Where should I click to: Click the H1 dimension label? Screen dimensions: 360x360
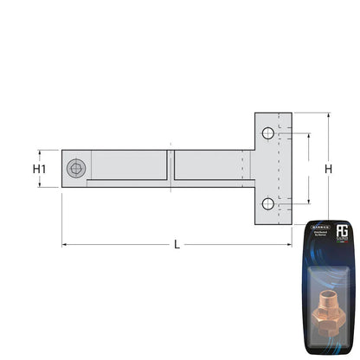point(39,170)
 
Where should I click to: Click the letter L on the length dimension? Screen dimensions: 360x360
point(177,245)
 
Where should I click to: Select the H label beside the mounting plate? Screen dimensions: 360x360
point(328,170)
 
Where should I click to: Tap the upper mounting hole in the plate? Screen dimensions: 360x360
point(268,133)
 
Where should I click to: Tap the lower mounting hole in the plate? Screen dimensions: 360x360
point(268,204)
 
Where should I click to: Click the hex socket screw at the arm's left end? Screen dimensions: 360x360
point(76,168)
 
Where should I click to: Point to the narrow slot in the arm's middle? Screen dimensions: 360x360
point(170,165)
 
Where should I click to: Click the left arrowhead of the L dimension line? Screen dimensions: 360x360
point(64,245)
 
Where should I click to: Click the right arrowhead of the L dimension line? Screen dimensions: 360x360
point(289,245)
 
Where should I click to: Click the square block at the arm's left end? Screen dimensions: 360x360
point(75,169)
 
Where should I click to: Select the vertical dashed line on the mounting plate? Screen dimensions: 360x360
point(278,169)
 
